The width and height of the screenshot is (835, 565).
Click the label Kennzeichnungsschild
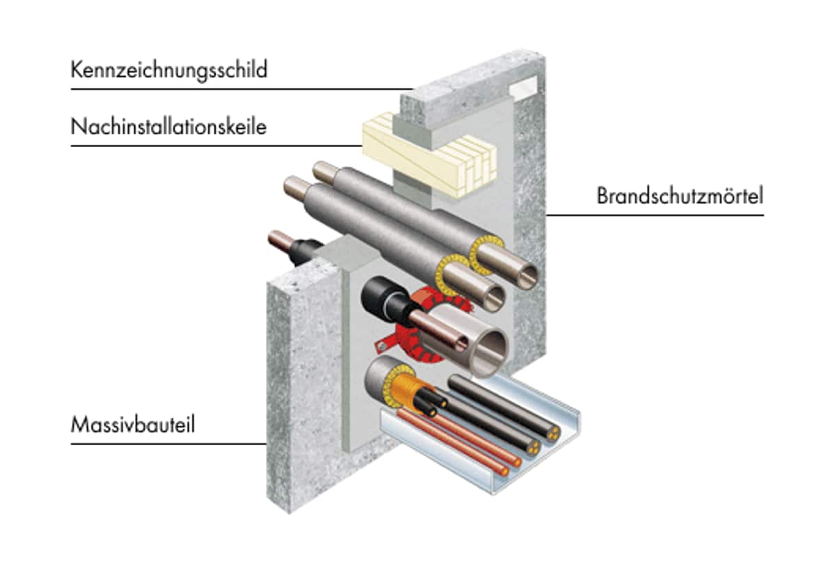coord(169,70)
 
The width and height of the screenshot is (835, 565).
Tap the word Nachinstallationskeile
coord(168,127)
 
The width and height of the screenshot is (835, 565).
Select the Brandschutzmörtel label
coord(680,196)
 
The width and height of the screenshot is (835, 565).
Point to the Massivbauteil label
coord(133,425)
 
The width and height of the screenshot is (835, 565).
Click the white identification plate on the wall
coord(523,87)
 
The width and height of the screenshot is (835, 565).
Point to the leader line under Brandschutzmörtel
coord(655,215)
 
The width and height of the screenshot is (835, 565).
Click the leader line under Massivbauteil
coord(168,444)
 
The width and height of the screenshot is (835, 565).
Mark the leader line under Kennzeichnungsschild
coord(242,89)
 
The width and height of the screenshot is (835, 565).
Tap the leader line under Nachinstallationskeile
coord(216,146)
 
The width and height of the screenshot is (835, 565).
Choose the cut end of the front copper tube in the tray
coord(504,472)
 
